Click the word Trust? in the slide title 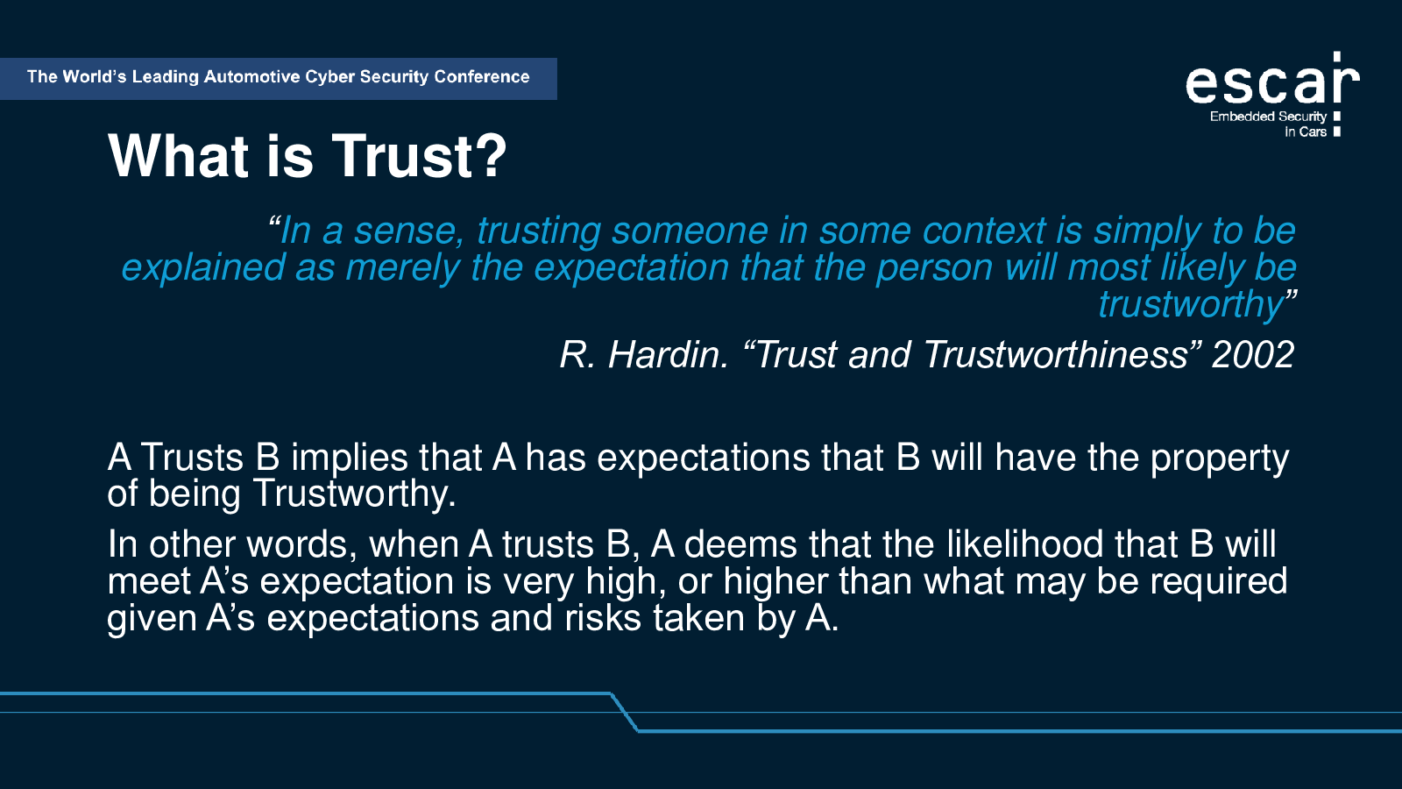pyautogui.click(x=419, y=156)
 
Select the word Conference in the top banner pyautogui.click(x=482, y=77)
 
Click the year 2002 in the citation pyautogui.click(x=1253, y=355)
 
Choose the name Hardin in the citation pyautogui.click(x=669, y=355)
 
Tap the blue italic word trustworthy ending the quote pyautogui.click(x=1192, y=304)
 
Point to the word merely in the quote pyautogui.click(x=402, y=268)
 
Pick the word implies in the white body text pyautogui.click(x=350, y=458)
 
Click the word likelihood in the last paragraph pyautogui.click(x=1024, y=544)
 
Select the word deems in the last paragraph pyautogui.click(x=740, y=544)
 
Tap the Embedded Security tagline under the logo pyautogui.click(x=1268, y=117)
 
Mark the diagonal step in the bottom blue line pyautogui.click(x=624, y=712)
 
